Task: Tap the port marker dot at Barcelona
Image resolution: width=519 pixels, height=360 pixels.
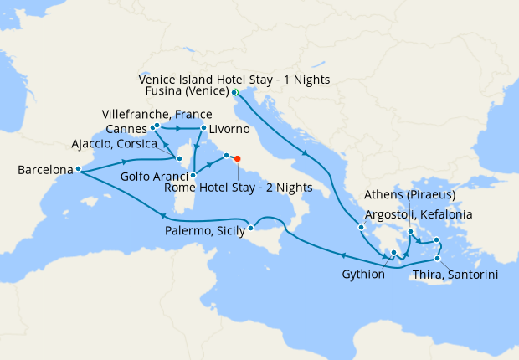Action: tap(78, 169)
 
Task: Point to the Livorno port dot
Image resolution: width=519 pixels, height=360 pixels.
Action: tap(203, 128)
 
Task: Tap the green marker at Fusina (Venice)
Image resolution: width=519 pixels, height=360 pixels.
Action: tap(234, 91)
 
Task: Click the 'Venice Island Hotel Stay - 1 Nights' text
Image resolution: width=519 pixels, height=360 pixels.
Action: tap(234, 80)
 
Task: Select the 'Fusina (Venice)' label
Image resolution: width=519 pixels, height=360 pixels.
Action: tap(185, 92)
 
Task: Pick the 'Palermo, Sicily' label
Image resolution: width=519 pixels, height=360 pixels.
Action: tap(206, 229)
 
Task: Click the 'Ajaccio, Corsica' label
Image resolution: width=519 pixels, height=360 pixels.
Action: tap(124, 143)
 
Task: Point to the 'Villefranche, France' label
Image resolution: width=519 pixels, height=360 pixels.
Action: tap(157, 113)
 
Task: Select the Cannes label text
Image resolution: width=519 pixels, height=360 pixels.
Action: tap(127, 128)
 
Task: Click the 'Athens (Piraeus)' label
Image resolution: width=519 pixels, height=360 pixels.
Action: tap(410, 196)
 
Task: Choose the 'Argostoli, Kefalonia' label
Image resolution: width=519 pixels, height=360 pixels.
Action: tap(419, 214)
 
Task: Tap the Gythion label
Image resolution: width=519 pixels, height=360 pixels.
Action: tap(364, 274)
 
